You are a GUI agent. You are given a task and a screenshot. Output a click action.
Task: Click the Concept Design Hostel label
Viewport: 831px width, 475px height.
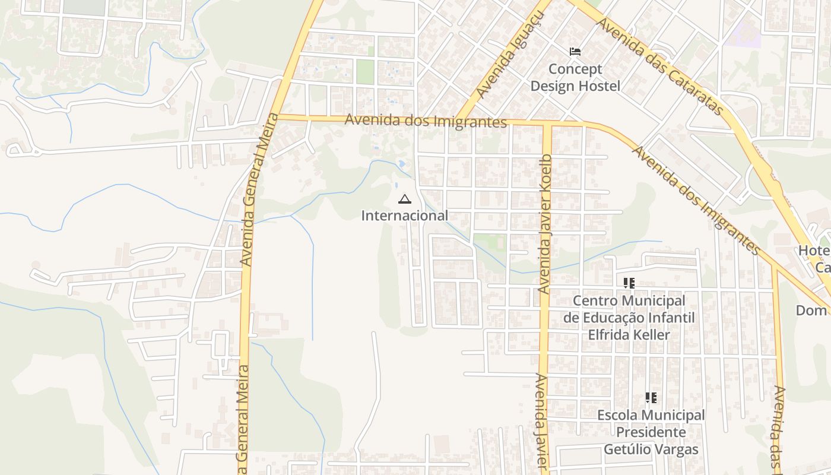tap(575, 78)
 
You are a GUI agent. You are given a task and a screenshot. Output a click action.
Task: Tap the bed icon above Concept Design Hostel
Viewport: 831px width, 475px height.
tap(575, 52)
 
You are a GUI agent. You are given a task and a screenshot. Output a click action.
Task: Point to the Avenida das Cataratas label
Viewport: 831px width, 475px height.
tap(661, 65)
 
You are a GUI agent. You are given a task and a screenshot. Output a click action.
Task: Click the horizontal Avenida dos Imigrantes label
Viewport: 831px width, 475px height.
tap(426, 120)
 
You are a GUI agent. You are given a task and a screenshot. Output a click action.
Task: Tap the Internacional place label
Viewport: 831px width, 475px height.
tap(405, 216)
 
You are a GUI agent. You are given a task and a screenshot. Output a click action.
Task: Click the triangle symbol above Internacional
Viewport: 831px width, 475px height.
tap(405, 199)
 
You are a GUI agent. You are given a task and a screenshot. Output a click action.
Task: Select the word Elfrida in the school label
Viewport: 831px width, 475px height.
tap(608, 335)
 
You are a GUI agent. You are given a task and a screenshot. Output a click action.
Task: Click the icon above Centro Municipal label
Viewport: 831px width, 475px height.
tap(629, 283)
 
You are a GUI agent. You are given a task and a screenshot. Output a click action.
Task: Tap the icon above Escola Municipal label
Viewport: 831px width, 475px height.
tap(651, 398)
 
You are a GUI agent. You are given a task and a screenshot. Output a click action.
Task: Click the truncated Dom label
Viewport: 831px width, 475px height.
tap(811, 311)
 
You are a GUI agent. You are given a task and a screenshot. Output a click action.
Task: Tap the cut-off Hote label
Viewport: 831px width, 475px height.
tap(813, 251)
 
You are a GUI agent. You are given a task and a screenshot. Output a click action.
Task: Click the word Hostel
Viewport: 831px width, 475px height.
tap(599, 86)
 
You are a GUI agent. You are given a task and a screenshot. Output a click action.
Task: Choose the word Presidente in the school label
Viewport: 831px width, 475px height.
tap(651, 432)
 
